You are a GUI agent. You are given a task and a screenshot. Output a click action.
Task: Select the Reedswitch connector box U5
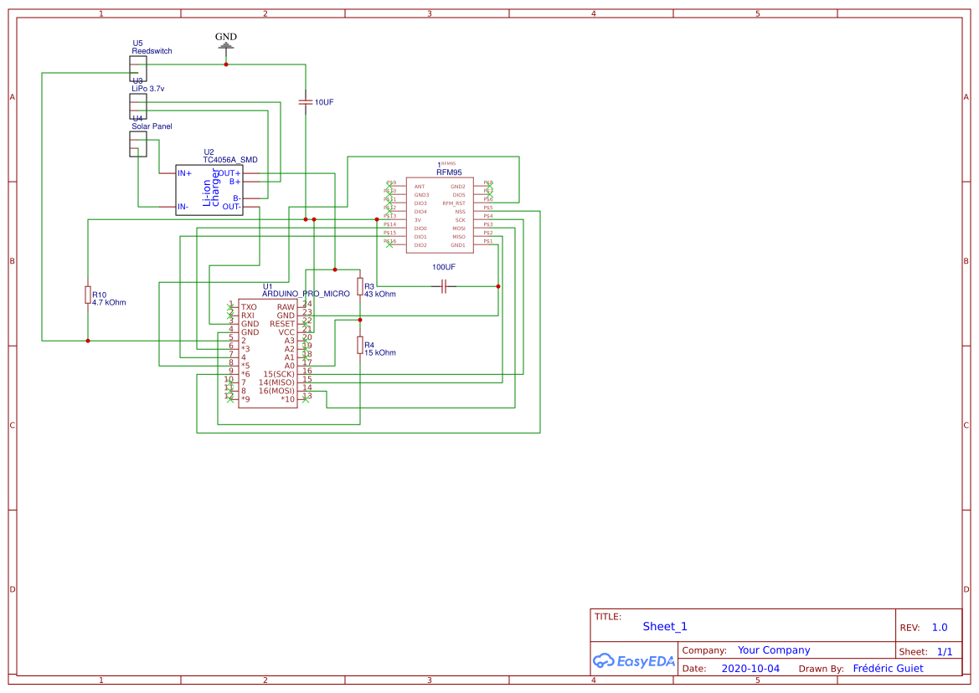(138, 65)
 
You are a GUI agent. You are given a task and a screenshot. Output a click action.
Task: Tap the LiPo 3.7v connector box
(138, 105)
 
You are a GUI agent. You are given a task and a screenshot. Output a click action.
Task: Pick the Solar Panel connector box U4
(138, 143)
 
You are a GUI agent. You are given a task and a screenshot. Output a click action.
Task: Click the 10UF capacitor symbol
(306, 101)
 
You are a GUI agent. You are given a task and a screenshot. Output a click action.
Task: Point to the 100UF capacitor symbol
(444, 286)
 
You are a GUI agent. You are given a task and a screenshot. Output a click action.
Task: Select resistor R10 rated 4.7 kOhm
(88, 295)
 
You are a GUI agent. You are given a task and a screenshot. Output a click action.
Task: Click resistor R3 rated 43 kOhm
(360, 286)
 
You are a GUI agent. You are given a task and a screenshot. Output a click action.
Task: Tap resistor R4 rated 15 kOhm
(360, 345)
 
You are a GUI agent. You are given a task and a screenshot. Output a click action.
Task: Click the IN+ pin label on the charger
(184, 173)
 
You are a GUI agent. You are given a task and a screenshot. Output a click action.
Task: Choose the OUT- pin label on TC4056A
(231, 207)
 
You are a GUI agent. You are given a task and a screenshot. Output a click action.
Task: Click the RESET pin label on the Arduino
(281, 324)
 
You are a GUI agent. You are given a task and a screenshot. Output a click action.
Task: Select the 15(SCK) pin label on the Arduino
(279, 374)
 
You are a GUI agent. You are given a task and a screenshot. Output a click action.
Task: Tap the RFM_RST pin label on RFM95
(454, 203)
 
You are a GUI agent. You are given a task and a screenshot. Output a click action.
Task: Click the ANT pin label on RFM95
(420, 187)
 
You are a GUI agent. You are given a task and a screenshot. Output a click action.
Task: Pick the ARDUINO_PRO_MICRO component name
(306, 294)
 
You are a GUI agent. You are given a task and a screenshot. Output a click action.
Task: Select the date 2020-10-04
(750, 669)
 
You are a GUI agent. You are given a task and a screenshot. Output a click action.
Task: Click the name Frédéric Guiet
(888, 669)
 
